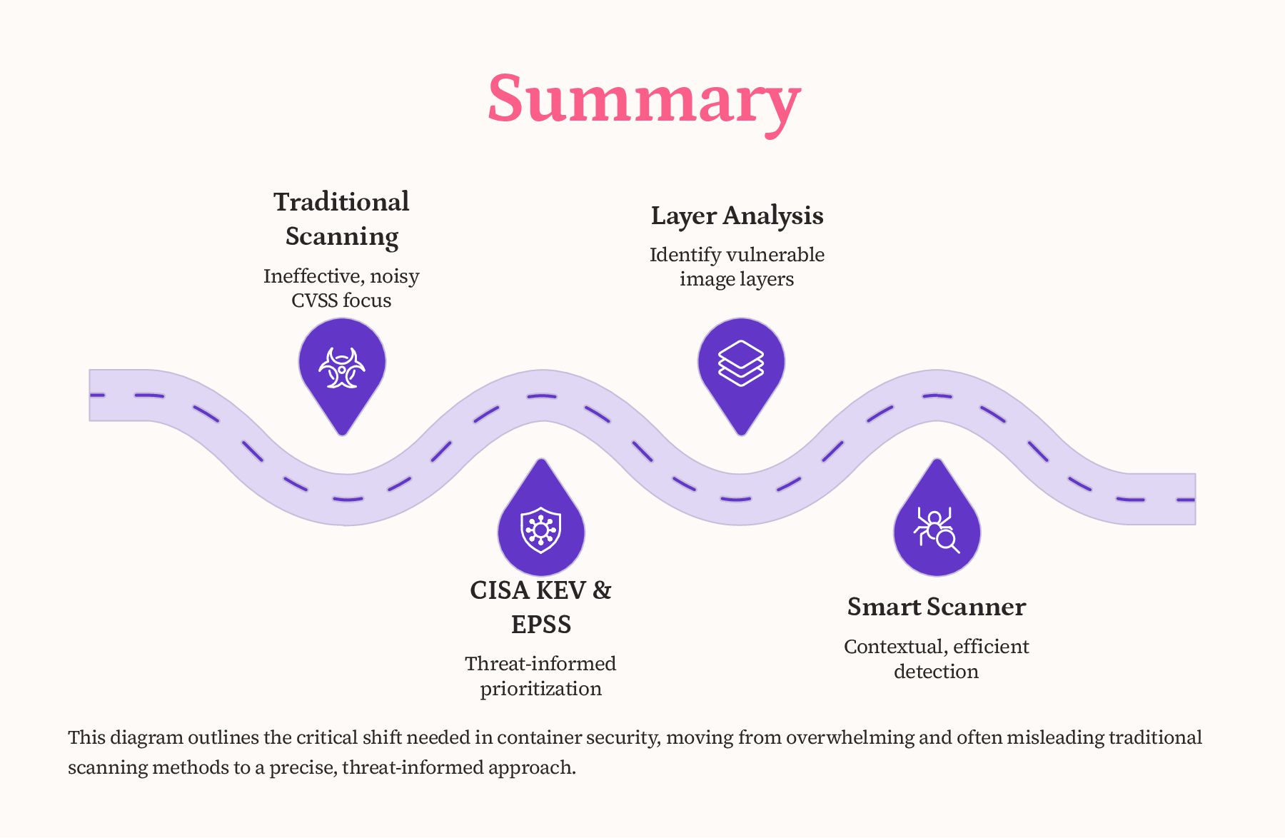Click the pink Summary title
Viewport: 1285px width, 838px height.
pos(644,100)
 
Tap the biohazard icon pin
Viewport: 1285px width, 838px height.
pos(342,367)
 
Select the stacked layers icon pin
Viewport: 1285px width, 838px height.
pos(740,363)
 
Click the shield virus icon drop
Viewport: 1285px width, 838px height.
pos(540,530)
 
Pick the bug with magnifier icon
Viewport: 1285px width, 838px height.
pos(936,530)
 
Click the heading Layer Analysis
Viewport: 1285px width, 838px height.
pos(737,216)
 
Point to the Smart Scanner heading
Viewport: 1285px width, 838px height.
pos(936,607)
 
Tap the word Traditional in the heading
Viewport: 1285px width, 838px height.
pos(341,202)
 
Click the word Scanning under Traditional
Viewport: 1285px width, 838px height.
pos(341,236)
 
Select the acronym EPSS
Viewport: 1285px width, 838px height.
pos(540,625)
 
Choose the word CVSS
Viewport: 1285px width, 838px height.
pos(313,301)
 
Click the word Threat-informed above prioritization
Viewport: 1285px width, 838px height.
pos(540,664)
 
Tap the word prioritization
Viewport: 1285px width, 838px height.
pos(540,689)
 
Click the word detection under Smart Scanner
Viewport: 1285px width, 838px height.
pos(936,672)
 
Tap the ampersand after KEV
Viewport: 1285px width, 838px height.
pos(602,590)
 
